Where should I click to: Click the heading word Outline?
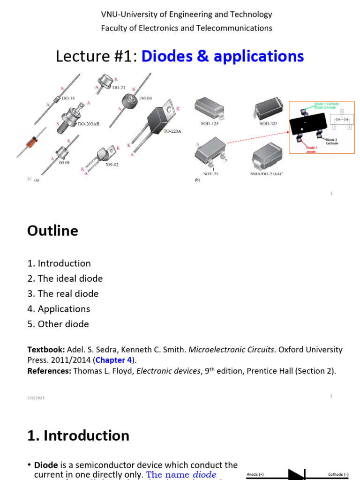[52, 231]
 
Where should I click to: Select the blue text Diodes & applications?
[222, 56]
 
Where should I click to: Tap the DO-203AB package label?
[88, 124]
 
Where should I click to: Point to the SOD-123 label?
[209, 124]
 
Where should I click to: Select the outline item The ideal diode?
[65, 278]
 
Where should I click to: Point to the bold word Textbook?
[46, 350]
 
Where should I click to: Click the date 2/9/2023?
[36, 398]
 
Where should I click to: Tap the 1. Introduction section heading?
[78, 435]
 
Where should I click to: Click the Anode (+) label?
[256, 474]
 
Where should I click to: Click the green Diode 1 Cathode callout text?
[327, 104]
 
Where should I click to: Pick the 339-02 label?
[112, 165]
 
